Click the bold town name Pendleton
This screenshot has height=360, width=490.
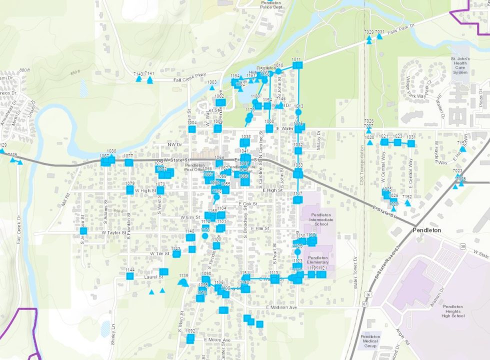point(426,230)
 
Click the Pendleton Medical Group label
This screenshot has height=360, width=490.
point(370,341)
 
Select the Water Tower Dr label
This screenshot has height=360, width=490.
point(356,273)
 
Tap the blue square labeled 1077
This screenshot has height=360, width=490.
point(128,162)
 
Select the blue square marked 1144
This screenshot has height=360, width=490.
point(130,275)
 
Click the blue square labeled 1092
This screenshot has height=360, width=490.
point(190,338)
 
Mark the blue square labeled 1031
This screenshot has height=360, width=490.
point(411,143)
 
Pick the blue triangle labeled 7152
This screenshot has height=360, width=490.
point(407,203)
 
